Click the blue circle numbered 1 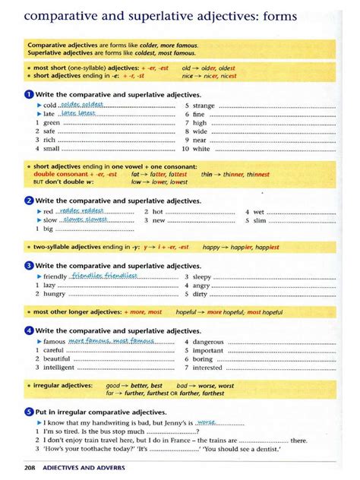click(29, 94)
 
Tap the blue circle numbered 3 click(29, 265)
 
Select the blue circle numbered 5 click(29, 411)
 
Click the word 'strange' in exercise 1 click(204, 106)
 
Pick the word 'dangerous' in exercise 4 click(208, 342)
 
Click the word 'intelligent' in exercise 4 click(59, 368)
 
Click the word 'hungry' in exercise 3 click(55, 294)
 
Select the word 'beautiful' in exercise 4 click(58, 359)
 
